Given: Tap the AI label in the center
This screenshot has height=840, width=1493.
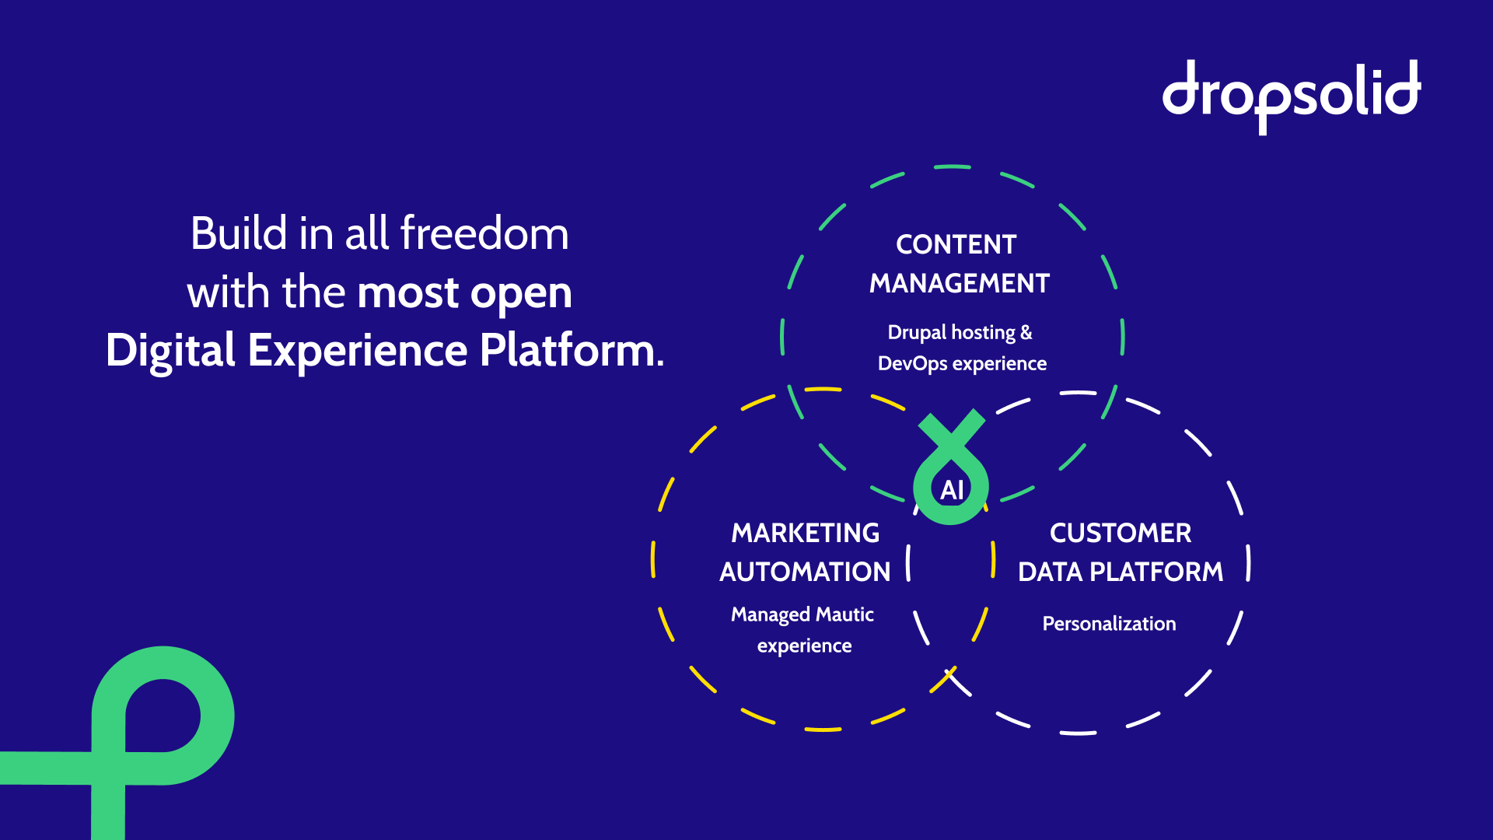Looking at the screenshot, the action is [952, 490].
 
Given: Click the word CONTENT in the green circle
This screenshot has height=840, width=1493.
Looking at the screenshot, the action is [956, 244].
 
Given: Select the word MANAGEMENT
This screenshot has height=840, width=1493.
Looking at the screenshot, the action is [960, 283].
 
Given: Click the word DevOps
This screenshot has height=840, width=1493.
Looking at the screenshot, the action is [912, 364].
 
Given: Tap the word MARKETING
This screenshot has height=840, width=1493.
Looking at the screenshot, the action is [806, 533].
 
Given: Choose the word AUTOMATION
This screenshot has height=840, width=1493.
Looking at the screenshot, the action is [805, 572].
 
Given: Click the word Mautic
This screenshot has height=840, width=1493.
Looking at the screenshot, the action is [844, 614].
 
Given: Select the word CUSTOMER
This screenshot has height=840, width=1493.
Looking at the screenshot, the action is [1121, 533].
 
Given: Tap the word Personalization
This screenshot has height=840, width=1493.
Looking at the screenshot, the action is [1109, 624].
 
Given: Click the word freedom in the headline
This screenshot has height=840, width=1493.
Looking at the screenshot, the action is [484, 233].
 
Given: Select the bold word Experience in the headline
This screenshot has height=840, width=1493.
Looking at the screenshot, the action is [358, 350].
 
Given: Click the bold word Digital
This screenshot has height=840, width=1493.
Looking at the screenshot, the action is [170, 350].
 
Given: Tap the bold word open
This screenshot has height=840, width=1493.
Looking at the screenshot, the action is [521, 294].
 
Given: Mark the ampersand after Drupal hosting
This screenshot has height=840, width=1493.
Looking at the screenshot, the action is [1026, 333].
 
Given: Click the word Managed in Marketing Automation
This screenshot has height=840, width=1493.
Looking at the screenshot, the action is [770, 614].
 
